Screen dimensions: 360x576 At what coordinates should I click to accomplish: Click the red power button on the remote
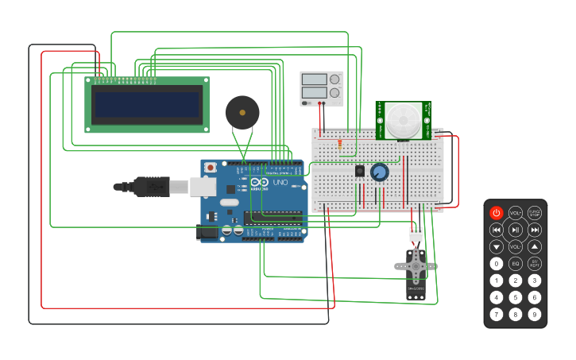pos(497,213)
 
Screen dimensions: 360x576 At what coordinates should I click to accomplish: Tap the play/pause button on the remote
pos(516,230)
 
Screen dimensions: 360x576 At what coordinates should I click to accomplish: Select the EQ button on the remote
pos(516,264)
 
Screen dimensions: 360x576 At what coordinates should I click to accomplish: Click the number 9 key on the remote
pos(535,315)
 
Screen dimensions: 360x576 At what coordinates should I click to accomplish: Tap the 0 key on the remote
pos(497,264)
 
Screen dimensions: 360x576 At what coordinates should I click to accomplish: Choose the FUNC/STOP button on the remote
pos(535,213)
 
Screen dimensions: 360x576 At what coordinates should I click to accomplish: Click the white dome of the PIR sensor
pos(404,121)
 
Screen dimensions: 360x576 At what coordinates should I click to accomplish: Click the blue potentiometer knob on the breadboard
pos(380,172)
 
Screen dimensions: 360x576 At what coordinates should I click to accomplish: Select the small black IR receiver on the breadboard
pos(360,171)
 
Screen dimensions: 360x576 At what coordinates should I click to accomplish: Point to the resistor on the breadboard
pos(340,145)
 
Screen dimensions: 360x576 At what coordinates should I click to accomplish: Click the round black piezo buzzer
pos(242,113)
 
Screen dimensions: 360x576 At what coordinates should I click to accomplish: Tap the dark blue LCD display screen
pos(146,104)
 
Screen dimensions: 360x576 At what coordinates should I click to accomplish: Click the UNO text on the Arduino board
pos(280,183)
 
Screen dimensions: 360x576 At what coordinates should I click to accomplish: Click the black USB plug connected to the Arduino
pos(151,187)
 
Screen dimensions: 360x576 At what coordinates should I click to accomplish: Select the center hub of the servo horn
pos(416,265)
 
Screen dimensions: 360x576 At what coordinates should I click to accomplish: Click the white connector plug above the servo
pos(416,233)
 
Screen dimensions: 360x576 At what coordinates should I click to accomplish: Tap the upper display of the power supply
pos(315,79)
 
